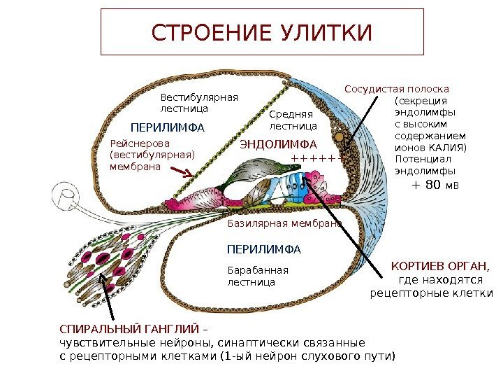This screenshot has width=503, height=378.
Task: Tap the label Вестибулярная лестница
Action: pyautogui.click(x=199, y=104)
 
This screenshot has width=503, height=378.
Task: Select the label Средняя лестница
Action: pyautogui.click(x=293, y=120)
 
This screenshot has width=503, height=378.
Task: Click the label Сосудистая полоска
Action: pyautogui.click(x=397, y=89)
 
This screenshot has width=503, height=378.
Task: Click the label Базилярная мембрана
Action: pyautogui.click(x=285, y=223)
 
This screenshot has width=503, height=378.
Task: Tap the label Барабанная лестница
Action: pyautogui.click(x=258, y=276)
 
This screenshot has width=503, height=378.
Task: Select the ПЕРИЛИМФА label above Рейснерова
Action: pyautogui.click(x=168, y=128)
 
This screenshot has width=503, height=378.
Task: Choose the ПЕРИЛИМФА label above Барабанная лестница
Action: pyautogui.click(x=264, y=248)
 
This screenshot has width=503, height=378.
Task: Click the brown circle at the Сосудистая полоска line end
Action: pyautogui.click(x=340, y=135)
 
